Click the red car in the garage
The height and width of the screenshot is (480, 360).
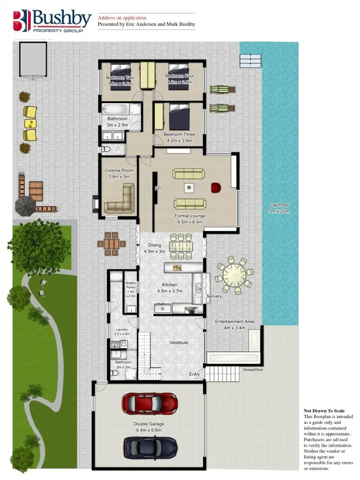tap(149, 403)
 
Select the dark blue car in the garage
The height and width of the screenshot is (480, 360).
tap(150, 447)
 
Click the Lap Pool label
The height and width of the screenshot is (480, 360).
tap(279, 208)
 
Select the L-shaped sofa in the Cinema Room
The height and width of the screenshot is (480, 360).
tap(120, 201)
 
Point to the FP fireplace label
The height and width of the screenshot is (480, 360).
tap(157, 189)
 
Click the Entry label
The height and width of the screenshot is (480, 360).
tap(194, 374)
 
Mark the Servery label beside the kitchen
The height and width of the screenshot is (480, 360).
tap(214, 296)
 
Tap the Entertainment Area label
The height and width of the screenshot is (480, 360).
tap(234, 324)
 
